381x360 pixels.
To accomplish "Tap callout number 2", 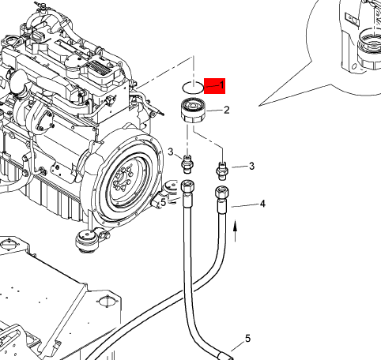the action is click(227, 110).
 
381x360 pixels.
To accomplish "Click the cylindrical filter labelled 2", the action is click(193, 110).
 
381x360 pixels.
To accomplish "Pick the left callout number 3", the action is click(171, 152).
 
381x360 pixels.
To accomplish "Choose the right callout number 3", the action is click(251, 166).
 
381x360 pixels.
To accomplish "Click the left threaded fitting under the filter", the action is click(187, 164).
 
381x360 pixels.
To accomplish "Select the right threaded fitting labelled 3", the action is click(222, 171).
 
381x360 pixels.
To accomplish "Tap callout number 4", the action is click(262, 204).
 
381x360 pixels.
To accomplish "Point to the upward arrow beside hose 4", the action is click(236, 231).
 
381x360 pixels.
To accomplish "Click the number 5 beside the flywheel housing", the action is click(164, 202).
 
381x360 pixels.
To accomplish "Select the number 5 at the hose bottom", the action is click(247, 339).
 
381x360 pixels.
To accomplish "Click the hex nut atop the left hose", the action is click(188, 186).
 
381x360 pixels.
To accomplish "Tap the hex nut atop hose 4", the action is click(222, 193).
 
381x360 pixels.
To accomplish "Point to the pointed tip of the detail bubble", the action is click(259, 106).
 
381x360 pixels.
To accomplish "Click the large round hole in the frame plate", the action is click(108, 301).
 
